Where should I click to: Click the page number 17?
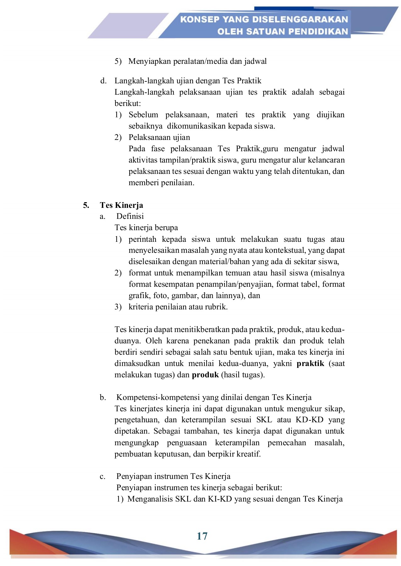202,536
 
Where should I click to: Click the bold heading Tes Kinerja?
121,205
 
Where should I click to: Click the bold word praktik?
310,363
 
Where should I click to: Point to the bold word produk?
205,375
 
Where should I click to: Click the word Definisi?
130,216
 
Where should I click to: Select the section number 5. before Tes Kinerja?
86,205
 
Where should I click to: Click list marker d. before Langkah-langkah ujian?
103,81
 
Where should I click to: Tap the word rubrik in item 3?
217,307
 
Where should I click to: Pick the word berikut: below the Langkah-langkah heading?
128,103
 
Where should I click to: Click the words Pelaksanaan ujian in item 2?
159,137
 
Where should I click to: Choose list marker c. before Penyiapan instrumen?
103,477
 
